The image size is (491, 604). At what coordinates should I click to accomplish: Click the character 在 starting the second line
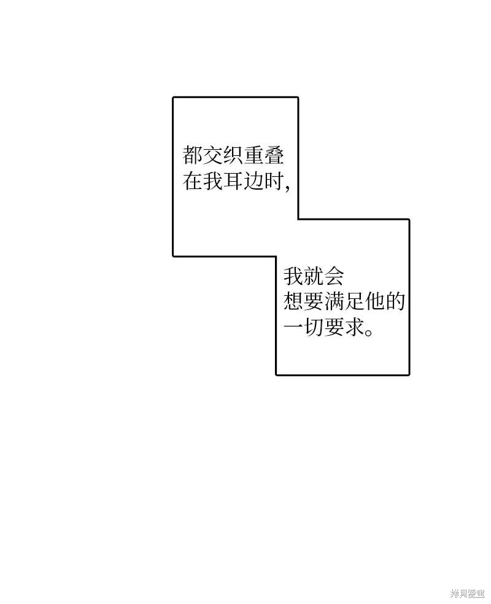(x=193, y=180)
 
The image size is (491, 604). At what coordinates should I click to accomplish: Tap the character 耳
(x=233, y=180)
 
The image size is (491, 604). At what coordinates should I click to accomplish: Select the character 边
(x=253, y=180)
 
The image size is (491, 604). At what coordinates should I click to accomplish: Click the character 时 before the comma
(x=274, y=180)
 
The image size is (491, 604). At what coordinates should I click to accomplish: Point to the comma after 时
(x=287, y=188)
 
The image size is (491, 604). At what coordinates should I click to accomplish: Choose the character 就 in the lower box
(x=314, y=276)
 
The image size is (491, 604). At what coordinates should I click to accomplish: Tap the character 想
(x=293, y=301)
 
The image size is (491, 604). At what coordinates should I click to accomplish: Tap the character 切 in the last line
(x=314, y=327)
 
